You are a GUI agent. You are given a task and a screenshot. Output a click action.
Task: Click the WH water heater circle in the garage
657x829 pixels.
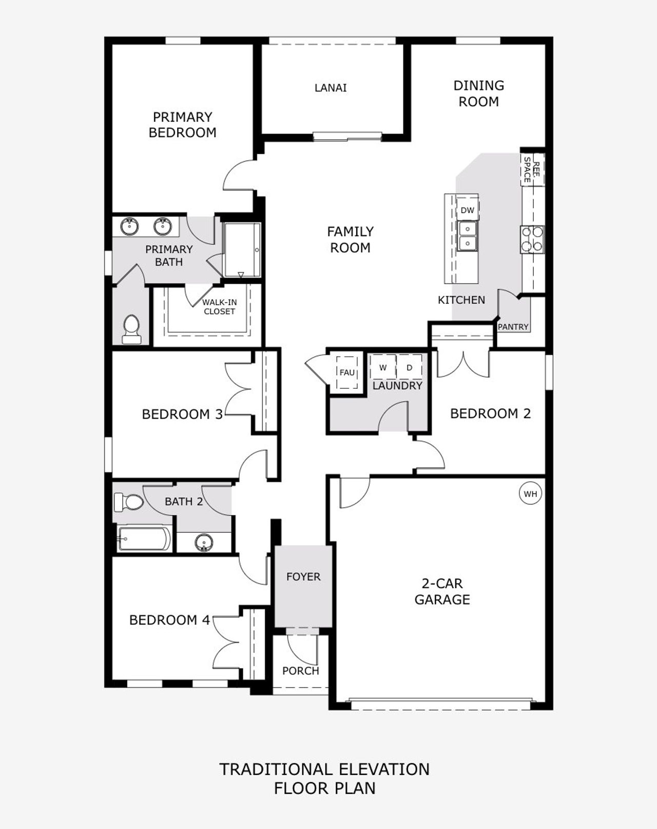point(530,494)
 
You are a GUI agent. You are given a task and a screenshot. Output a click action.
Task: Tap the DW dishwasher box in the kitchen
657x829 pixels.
point(467,210)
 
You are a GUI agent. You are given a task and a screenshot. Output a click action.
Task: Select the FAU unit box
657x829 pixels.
point(347,373)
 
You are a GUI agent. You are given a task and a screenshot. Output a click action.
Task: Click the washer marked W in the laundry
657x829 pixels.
point(383,368)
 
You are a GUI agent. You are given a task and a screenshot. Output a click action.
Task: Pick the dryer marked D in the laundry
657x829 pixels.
point(409,368)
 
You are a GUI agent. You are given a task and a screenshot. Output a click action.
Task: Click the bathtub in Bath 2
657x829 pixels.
point(144,539)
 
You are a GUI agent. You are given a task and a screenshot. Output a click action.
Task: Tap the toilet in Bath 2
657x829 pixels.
point(128,502)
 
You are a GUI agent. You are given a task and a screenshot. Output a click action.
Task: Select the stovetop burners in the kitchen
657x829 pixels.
point(532,239)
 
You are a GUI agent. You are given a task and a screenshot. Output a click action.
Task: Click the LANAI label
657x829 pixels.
point(331,88)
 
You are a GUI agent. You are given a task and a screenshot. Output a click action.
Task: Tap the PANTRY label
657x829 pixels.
point(513,327)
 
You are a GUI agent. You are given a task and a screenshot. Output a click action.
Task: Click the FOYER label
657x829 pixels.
point(303,577)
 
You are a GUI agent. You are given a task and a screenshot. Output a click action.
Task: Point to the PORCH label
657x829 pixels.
point(301,671)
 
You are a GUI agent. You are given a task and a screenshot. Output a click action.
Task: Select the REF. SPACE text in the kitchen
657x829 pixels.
point(532,170)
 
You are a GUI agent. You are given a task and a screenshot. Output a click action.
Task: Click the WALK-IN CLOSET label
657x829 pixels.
point(219,307)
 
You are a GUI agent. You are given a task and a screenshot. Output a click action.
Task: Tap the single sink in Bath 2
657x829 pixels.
point(204,542)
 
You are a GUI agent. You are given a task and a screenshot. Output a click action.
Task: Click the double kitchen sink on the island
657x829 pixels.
point(468,236)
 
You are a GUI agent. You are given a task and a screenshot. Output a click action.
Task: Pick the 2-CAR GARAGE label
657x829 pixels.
point(442,591)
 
